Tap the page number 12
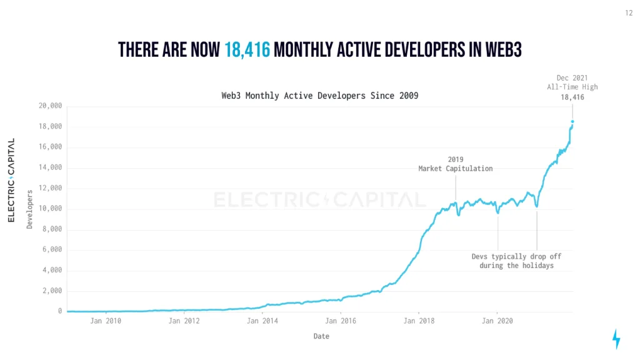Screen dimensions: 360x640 pyautogui.click(x=629, y=12)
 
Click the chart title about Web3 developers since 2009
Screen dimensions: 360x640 pyautogui.click(x=319, y=96)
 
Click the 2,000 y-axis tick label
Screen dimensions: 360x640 pyautogui.click(x=51, y=291)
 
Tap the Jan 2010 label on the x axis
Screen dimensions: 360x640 pyautogui.click(x=106, y=321)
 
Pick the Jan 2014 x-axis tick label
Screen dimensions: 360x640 pyautogui.click(x=262, y=321)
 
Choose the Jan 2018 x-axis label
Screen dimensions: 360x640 pyautogui.click(x=418, y=321)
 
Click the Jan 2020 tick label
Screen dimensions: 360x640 pyautogui.click(x=497, y=321)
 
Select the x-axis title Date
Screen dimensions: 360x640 pyautogui.click(x=321, y=336)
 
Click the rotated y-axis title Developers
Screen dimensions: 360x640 pyautogui.click(x=29, y=209)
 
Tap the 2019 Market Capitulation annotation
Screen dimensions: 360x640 pyautogui.click(x=455, y=164)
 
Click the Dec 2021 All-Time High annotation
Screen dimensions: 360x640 pyautogui.click(x=572, y=87)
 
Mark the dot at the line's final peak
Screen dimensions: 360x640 pyautogui.click(x=572, y=121)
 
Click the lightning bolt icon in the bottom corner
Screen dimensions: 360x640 pyautogui.click(x=616, y=339)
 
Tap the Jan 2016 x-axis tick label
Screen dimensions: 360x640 pyautogui.click(x=341, y=321)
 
